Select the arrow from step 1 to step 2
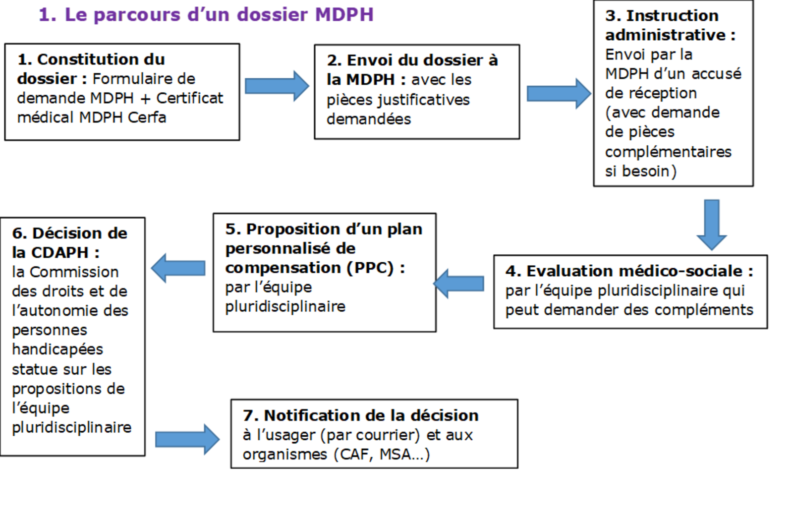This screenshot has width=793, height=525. pyautogui.click(x=277, y=86)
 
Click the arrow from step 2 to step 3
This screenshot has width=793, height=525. pyautogui.click(x=559, y=94)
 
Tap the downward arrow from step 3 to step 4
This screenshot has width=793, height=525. pyautogui.click(x=712, y=225)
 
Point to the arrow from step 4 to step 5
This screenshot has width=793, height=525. pyautogui.click(x=458, y=284)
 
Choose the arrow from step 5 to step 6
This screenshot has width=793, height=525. pyautogui.click(x=178, y=268)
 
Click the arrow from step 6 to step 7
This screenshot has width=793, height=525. pyautogui.click(x=187, y=439)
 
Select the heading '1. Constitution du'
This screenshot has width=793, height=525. pyautogui.click(x=91, y=59)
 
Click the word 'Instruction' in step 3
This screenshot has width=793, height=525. pyautogui.click(x=672, y=15)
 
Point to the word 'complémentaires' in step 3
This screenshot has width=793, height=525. pyautogui.click(x=668, y=152)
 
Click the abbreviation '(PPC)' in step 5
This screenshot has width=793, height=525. pyautogui.click(x=370, y=268)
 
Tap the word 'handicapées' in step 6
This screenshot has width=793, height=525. pyautogui.click(x=57, y=350)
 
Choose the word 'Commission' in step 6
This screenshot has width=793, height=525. pyautogui.click(x=74, y=272)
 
